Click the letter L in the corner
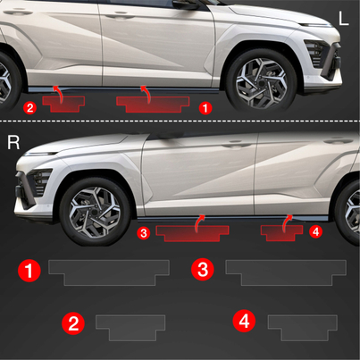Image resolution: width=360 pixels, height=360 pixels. (x=343, y=19)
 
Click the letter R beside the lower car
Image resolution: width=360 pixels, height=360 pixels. (x=13, y=143)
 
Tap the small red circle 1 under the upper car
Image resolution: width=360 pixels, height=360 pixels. (x=205, y=108)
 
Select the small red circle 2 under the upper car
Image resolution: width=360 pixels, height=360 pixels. (x=30, y=107)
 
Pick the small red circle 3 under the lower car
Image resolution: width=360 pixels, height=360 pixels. (x=144, y=233)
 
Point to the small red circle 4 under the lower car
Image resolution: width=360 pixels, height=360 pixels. (x=316, y=231)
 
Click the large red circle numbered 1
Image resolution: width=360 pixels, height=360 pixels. (x=29, y=271)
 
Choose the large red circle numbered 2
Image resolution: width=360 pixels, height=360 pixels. (x=73, y=323)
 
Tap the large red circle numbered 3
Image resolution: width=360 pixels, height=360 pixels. (x=203, y=270)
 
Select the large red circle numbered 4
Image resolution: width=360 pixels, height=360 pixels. (x=244, y=321)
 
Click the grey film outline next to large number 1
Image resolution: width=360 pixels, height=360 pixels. (x=109, y=272)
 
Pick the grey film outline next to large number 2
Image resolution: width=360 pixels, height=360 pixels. (x=130, y=328)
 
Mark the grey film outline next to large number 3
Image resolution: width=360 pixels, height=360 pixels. (x=286, y=272)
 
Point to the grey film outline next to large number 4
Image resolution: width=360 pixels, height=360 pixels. (x=303, y=328)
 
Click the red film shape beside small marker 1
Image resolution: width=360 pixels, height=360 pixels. (x=153, y=105)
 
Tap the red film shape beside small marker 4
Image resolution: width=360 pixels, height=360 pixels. (x=282, y=233)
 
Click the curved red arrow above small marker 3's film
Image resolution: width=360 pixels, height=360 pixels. (x=197, y=223)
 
